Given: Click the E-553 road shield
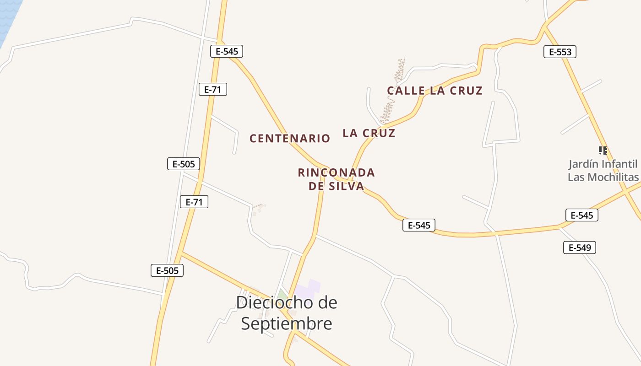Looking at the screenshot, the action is (x=560, y=52).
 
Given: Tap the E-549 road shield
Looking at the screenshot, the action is (x=579, y=248).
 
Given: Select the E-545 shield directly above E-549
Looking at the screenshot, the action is (x=581, y=215).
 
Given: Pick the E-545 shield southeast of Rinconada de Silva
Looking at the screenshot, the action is (x=418, y=225).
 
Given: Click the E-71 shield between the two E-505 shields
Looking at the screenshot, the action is (x=194, y=202).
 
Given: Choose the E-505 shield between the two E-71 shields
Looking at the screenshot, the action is (x=184, y=164).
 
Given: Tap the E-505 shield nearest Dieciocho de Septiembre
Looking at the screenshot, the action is (x=167, y=270).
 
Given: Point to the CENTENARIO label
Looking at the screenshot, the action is (x=289, y=138).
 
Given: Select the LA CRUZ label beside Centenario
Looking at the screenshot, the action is (x=369, y=133).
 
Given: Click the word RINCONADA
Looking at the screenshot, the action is (x=336, y=172).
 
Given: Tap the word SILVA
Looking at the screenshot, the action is (x=347, y=186).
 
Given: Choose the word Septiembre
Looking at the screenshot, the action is (x=286, y=323).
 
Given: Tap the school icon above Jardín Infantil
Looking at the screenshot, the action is (x=603, y=150).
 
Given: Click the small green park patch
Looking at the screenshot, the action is (x=282, y=294).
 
